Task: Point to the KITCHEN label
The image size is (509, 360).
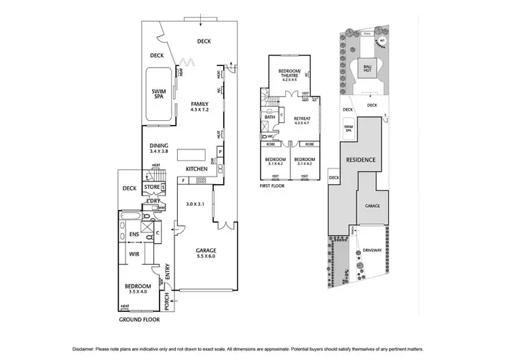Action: click(197, 168)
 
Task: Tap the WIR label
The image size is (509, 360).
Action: click(134, 254)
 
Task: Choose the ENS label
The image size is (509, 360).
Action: click(134, 235)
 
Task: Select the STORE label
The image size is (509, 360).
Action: click(151, 187)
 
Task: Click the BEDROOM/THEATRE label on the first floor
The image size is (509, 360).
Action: click(293, 73)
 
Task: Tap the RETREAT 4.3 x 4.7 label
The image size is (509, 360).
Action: click(301, 120)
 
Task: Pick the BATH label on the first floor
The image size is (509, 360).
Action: click(269, 117)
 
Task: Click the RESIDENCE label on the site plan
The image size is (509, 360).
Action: click(360, 160)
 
